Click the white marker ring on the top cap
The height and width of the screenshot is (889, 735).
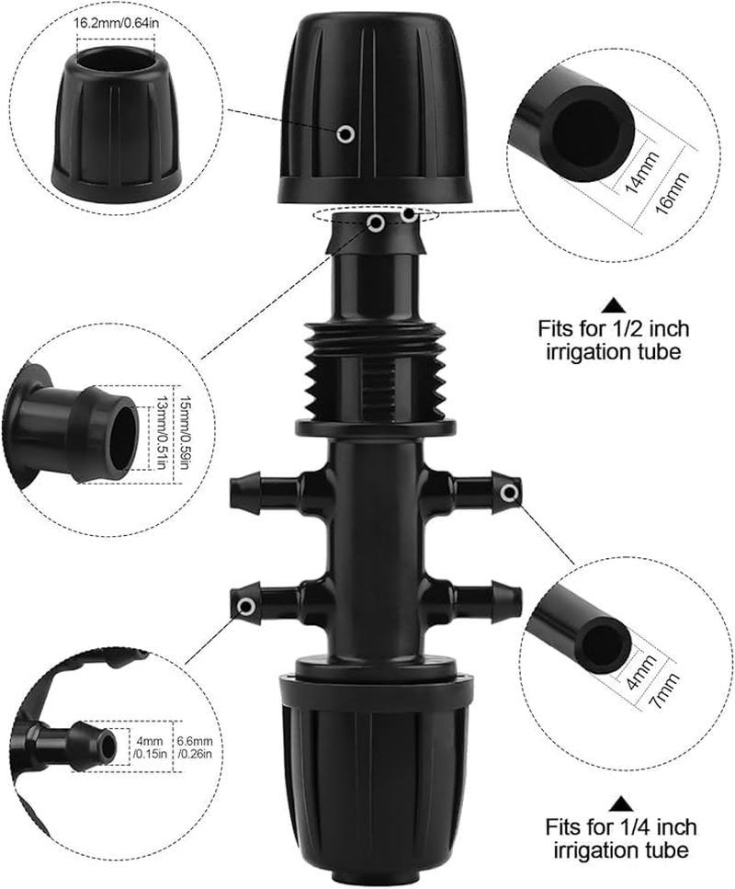(x=345, y=134)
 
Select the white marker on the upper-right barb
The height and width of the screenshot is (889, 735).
(x=509, y=495)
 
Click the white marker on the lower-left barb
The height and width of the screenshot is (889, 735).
(x=245, y=606)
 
